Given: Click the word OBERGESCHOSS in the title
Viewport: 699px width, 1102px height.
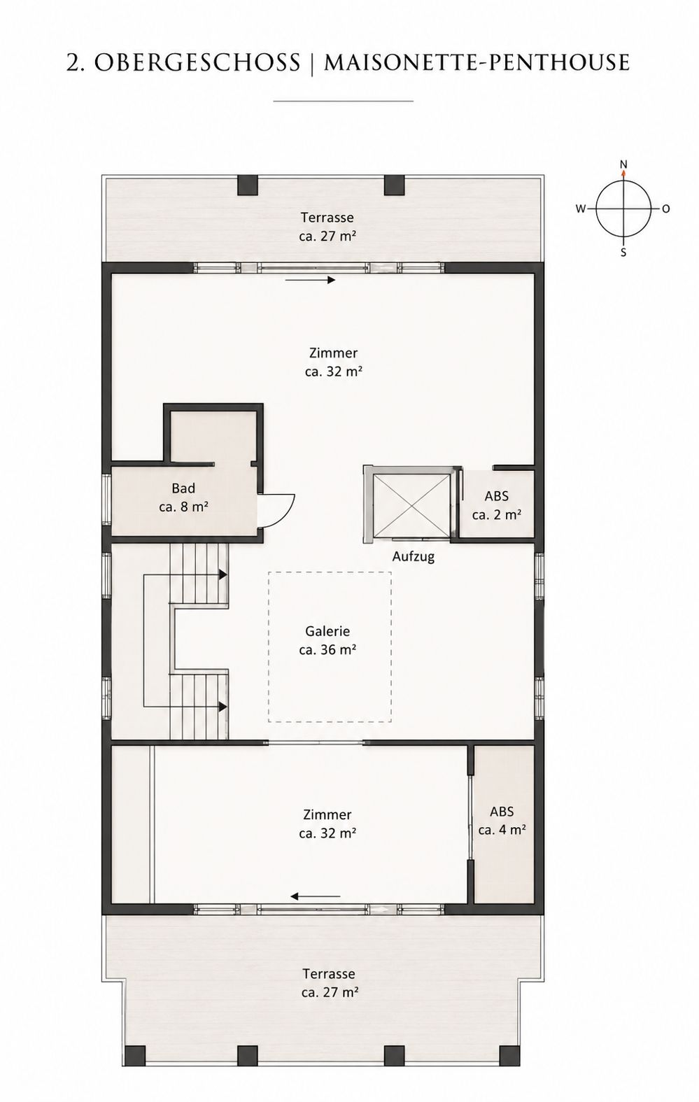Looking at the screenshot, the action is [197, 62].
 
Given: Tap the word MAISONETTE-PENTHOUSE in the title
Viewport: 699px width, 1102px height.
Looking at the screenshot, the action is [476, 62].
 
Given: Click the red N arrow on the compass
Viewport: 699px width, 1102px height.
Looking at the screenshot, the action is [623, 173].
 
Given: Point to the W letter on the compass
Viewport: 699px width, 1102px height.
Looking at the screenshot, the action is [581, 209].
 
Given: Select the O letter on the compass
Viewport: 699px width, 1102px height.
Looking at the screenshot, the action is [665, 209].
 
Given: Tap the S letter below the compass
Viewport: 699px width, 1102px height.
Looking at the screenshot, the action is [623, 253].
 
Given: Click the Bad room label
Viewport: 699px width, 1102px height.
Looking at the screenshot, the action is [183, 497].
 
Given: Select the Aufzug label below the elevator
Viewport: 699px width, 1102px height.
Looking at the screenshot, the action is [414, 557].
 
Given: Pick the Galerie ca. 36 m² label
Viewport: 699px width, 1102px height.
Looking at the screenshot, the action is [327, 640].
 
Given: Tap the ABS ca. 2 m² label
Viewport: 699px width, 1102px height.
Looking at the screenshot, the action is [497, 505].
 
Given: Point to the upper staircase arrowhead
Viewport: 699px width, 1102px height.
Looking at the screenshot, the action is [223, 574].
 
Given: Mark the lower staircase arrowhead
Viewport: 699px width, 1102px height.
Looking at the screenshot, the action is [223, 707].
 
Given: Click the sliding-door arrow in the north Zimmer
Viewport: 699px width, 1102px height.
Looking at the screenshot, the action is [311, 280].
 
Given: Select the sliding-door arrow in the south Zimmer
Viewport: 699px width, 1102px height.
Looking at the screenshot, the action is [316, 896].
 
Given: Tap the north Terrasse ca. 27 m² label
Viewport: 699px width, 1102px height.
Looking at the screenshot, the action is [327, 226].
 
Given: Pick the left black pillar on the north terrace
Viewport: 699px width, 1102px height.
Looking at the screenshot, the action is [248, 185].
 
